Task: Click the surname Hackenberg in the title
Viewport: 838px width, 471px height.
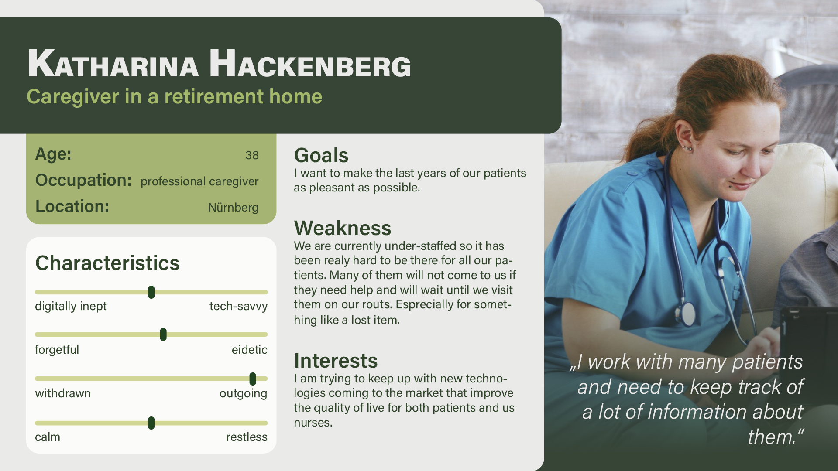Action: coord(310,65)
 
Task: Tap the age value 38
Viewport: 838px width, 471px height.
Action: coord(252,155)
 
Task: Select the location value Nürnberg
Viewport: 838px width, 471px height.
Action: coord(233,208)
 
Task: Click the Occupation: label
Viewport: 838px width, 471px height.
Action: coord(83,181)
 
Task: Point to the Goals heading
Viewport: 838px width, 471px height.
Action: coord(321,155)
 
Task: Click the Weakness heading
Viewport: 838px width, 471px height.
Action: coord(343,228)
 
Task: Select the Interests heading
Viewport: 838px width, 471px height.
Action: coord(336,361)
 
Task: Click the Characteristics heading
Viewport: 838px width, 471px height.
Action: coord(107,263)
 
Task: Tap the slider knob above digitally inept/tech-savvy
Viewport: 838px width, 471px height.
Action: coord(151,292)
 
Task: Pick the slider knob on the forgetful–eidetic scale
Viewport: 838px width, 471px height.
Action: coord(163,334)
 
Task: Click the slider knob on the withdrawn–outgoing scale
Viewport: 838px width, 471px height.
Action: coord(252,379)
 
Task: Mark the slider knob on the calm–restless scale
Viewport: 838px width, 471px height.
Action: coord(151,423)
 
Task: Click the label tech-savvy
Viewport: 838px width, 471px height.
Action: coord(238,306)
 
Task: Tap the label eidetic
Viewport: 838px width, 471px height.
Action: coord(249,350)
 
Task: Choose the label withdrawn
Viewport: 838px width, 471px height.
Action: coord(63,393)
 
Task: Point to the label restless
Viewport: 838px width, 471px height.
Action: coord(247,437)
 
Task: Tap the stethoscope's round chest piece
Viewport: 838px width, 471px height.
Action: coord(687,313)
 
